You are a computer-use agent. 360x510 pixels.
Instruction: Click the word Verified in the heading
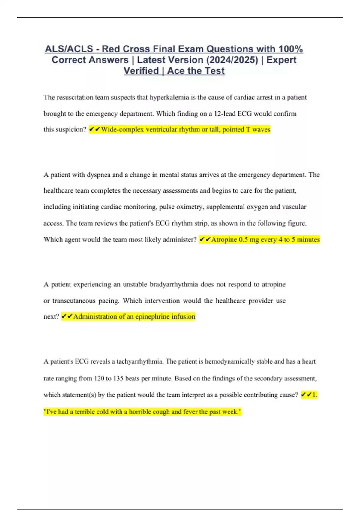click(x=141, y=71)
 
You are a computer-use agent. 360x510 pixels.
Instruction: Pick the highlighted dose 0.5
click(x=243, y=239)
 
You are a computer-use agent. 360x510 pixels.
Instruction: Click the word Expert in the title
click(x=281, y=60)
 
